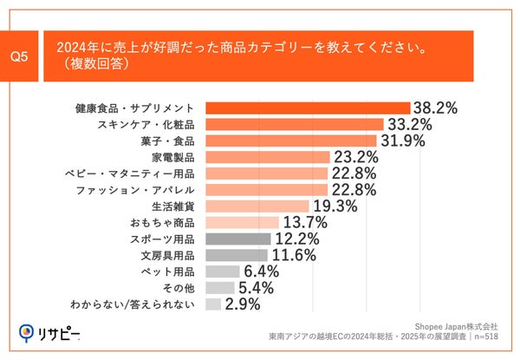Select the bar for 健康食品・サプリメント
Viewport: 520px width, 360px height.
pyautogui.click(x=308, y=108)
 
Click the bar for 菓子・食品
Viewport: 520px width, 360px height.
pyautogui.click(x=291, y=141)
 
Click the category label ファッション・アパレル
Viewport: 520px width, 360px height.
pyautogui.click(x=146, y=189)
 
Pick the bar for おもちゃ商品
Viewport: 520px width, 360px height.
pyautogui.click(x=242, y=222)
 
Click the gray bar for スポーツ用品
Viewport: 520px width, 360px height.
pyautogui.click(x=238, y=239)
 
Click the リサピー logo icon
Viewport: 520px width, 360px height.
pyautogui.click(x=27, y=332)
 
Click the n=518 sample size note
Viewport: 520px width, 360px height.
pyautogui.click(x=486, y=337)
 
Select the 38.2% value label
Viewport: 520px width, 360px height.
pyautogui.click(x=435, y=108)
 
